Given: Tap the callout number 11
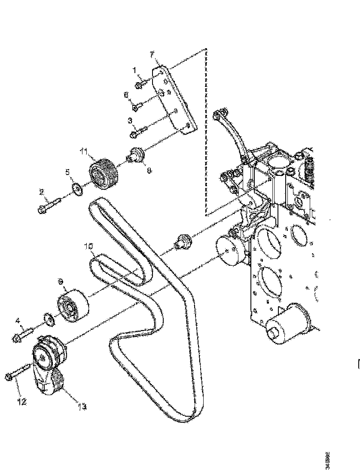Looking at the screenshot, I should tap(83, 151).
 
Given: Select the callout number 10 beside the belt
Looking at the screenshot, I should tap(88, 246).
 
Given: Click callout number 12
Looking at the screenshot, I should tap(22, 402).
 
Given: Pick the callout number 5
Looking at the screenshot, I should tap(67, 172).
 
